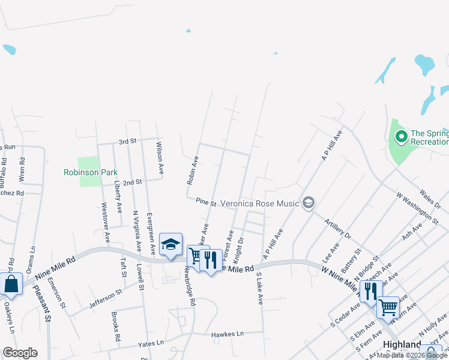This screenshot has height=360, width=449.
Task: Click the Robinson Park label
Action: (90, 172)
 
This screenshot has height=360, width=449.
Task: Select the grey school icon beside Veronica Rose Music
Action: (309, 203)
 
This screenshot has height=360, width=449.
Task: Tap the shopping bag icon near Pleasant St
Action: (11, 284)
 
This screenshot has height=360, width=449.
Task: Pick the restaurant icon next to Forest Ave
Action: (209, 260)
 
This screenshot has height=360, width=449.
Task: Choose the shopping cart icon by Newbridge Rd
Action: (195, 256)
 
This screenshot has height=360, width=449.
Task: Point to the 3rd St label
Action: (128, 142)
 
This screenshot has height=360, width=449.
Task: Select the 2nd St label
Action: (131, 181)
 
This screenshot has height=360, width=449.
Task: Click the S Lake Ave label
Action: (259, 289)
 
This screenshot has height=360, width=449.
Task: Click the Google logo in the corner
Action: (20, 353)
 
